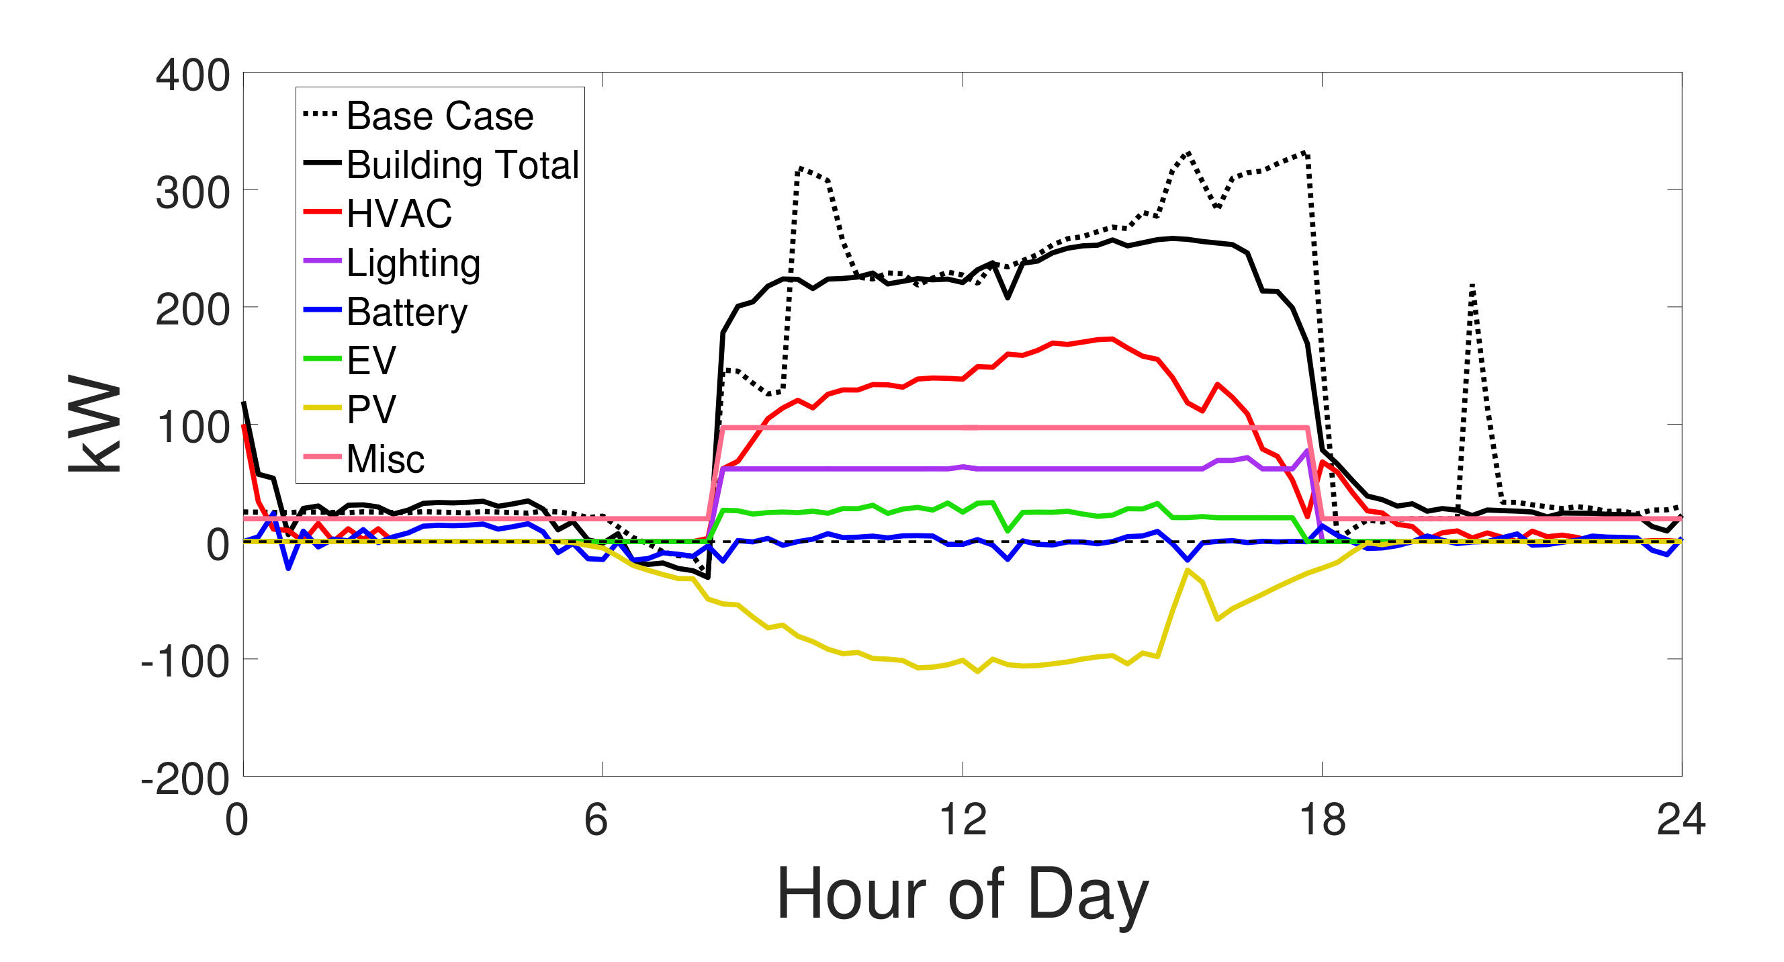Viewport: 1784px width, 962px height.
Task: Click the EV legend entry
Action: pos(371,360)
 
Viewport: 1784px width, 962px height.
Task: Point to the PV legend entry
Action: pos(371,409)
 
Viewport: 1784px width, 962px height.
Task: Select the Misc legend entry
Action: pos(385,458)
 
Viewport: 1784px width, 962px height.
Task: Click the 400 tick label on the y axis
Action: pos(193,75)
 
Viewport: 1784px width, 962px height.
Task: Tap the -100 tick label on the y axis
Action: pos(185,662)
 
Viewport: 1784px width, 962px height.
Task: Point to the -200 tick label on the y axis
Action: pos(185,780)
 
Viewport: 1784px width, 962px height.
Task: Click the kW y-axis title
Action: pos(95,424)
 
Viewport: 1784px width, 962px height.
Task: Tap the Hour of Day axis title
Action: pos(962,894)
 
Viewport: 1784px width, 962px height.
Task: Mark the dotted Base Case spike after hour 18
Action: pos(1472,285)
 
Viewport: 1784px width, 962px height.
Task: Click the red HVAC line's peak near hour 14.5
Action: pos(1112,339)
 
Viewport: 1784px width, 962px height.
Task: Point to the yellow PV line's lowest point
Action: pos(977,671)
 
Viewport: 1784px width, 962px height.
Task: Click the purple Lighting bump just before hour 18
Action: pos(1306,451)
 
